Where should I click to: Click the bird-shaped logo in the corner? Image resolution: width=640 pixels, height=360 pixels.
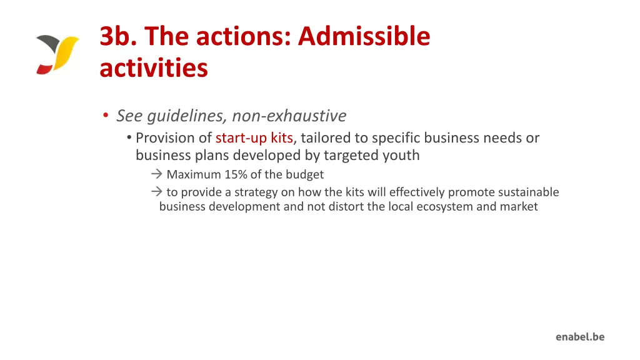point(57,54)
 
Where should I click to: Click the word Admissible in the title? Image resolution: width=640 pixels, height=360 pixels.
point(364,37)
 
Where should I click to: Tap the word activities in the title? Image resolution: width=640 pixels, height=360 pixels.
point(153,68)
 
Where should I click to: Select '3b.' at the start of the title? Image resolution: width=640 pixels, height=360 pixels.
point(118,37)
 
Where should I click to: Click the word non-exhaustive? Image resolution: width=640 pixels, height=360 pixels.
point(289,116)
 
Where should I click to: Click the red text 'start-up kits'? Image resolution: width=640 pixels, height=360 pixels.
point(254,138)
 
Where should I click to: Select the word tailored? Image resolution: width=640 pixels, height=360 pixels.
point(326,138)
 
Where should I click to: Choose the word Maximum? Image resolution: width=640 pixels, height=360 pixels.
point(193,175)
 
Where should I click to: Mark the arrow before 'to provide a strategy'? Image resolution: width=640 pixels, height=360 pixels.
point(156,192)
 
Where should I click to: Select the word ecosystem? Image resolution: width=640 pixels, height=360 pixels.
point(443,207)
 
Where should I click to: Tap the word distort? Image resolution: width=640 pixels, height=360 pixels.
point(346,207)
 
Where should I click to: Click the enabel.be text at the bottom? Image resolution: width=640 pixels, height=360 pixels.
point(580,337)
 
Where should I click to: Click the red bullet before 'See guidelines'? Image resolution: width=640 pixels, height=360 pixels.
point(106,116)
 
